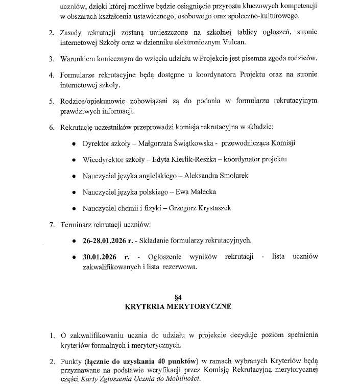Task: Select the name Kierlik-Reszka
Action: [x=190, y=159]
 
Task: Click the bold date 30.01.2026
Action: [x=100, y=256]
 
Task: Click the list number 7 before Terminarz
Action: [x=51, y=224]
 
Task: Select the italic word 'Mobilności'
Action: [x=183, y=378]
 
